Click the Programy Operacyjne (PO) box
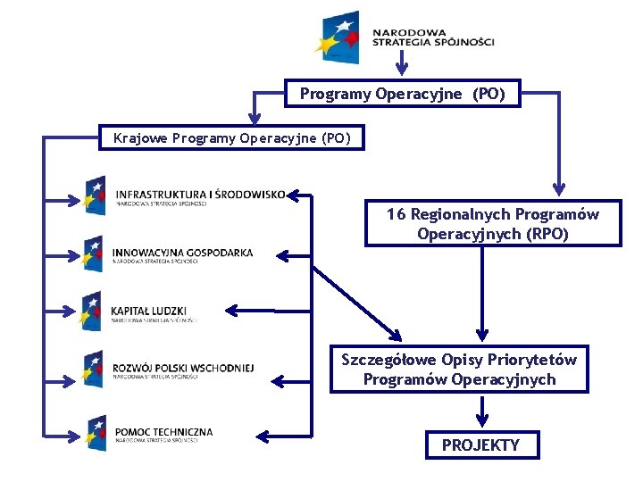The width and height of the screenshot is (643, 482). coord(402,94)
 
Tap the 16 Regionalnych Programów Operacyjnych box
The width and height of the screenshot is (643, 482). coord(492,224)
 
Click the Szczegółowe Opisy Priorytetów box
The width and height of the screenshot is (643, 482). coord(459,370)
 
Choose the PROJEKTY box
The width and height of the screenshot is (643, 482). coord(480,445)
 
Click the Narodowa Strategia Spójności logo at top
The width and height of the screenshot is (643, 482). coord(402,37)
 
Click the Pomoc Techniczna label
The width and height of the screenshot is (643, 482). coord(163,433)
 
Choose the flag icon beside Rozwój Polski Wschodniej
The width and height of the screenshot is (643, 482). coord(94,367)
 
